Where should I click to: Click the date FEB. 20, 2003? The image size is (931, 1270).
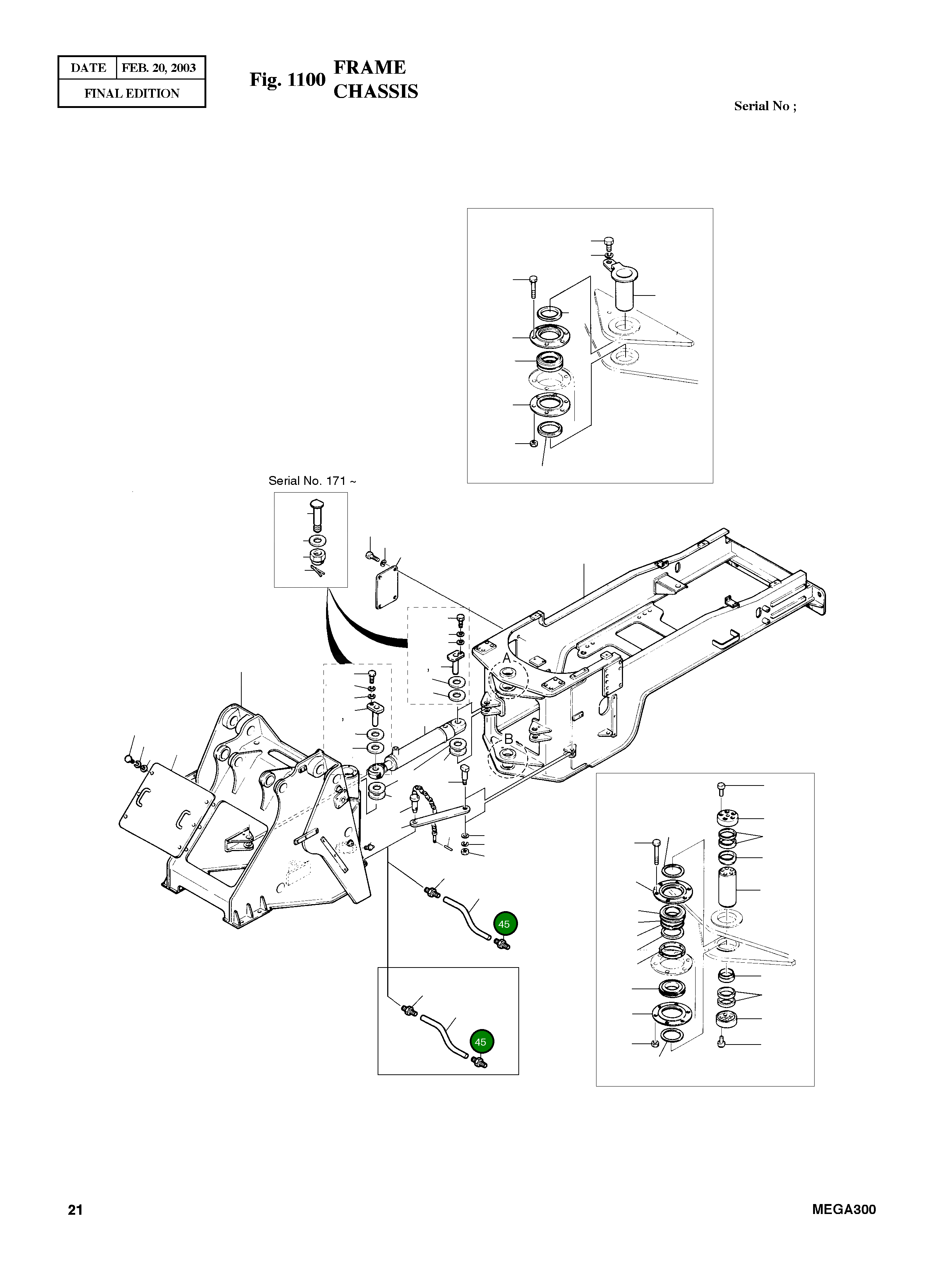coord(159,68)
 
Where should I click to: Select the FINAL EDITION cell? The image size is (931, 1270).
coord(132,94)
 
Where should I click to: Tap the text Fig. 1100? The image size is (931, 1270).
coord(287,80)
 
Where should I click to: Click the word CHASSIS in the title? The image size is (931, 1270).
coord(376,91)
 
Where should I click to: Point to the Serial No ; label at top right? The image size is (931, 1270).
coord(765,106)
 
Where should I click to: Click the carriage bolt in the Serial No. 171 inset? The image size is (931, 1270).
coord(317,514)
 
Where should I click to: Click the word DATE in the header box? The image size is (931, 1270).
coord(88,68)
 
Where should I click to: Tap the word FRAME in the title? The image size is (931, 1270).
coord(370,67)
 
